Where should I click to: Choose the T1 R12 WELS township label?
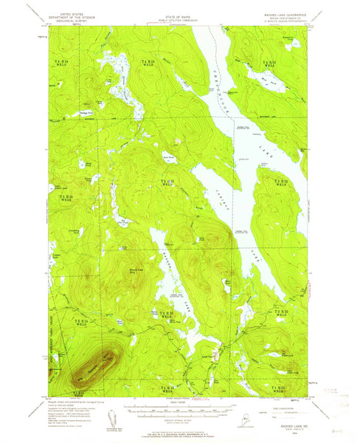click(x=280, y=387)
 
